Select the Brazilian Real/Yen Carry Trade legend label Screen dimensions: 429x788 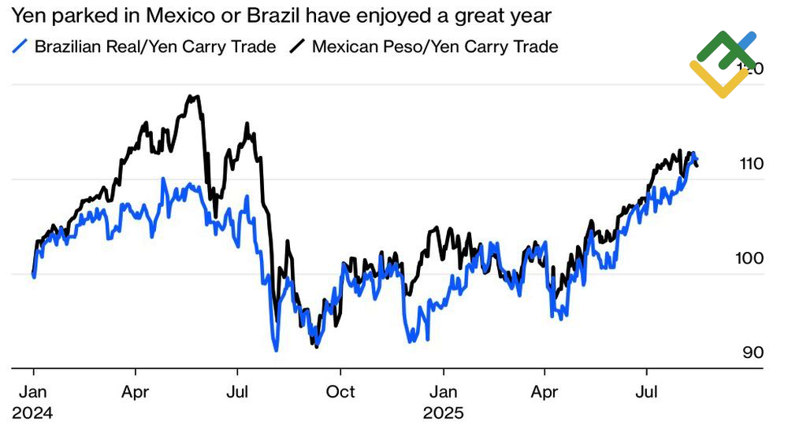155,46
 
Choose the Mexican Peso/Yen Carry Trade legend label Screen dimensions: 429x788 435,46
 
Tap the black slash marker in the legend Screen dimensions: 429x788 297,46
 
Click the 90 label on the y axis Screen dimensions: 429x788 751,352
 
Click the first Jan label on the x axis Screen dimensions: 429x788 32,392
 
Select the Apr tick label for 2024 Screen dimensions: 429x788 136,392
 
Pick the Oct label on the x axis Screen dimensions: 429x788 340,392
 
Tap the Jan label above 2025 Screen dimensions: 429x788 443,392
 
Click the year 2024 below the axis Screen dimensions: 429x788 32,413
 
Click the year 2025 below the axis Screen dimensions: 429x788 443,413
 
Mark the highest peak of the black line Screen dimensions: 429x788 191,97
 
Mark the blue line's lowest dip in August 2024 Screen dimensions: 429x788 275,349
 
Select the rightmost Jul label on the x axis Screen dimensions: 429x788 647,392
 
